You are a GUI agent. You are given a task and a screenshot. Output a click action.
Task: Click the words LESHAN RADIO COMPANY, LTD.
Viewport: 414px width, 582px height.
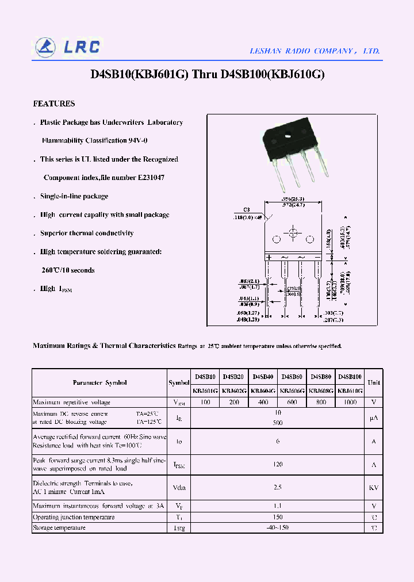tap(315, 51)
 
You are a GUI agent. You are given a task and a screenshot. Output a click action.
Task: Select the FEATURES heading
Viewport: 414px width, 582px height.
tap(54, 104)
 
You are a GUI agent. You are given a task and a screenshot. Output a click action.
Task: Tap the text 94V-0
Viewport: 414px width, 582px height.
tap(137, 141)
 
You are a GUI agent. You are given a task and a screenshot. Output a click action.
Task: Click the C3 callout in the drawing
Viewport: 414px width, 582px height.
tap(247, 210)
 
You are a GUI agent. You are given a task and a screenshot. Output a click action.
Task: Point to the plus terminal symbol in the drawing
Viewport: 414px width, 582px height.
tap(268, 257)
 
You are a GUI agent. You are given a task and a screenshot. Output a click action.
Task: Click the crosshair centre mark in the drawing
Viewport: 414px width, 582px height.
tap(293, 233)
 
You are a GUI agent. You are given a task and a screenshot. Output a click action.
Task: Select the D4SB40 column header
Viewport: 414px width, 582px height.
tap(263, 377)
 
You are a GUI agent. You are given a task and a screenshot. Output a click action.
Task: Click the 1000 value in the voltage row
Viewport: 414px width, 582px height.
tap(350, 403)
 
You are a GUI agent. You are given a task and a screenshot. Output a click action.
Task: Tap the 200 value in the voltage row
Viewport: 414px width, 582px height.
tap(234, 403)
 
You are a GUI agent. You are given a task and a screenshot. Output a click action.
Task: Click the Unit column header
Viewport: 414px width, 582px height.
tap(374, 383)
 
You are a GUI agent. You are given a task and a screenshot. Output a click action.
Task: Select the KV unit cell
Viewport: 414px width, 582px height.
tap(374, 488)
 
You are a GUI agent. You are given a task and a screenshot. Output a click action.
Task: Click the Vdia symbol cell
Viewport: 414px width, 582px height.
tap(179, 488)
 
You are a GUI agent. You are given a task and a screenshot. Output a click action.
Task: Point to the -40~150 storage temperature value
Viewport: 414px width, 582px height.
tap(278, 528)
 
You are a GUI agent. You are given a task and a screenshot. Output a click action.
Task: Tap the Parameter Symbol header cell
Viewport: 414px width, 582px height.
tap(99, 383)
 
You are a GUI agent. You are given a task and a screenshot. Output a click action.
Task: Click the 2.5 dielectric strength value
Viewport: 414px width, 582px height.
tap(278, 488)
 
